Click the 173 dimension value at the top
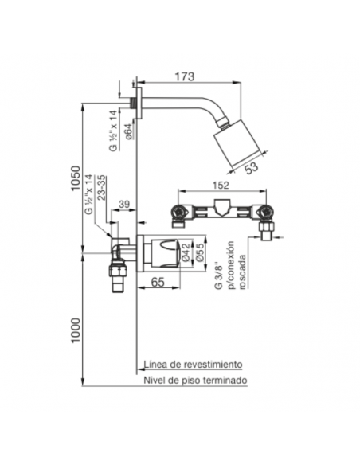pyautogui.click(x=185, y=76)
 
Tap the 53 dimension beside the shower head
pyautogui.click(x=252, y=168)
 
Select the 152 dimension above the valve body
pyautogui.click(x=221, y=186)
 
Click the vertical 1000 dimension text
pyautogui.click(x=76, y=330)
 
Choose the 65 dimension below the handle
pyautogui.click(x=158, y=282)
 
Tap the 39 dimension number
pyautogui.click(x=124, y=205)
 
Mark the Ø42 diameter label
pyautogui.click(x=186, y=252)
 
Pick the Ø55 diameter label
pyautogui.click(x=199, y=252)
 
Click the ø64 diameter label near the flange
pyautogui.click(x=127, y=131)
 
